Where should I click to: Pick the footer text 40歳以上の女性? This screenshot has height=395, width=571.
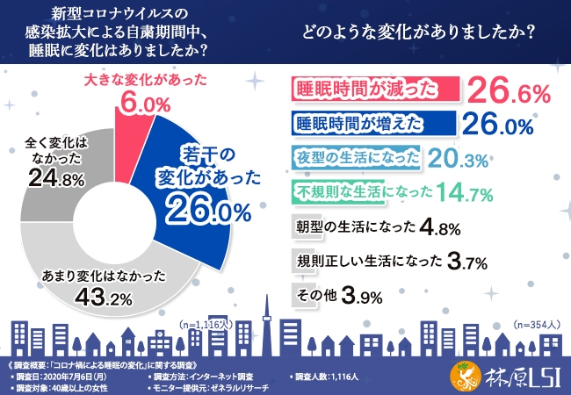tap(84, 386)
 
